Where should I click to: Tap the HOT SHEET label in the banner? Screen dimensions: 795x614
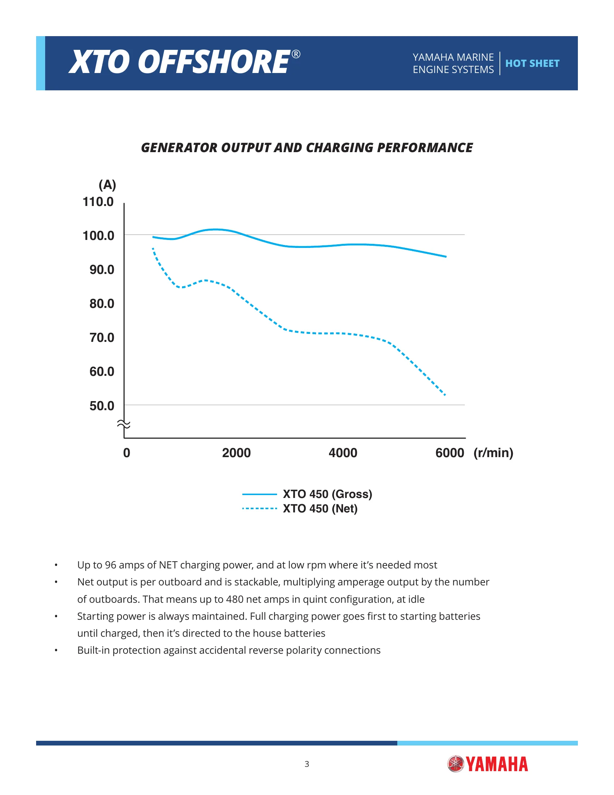532,63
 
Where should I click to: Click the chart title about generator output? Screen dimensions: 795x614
307,148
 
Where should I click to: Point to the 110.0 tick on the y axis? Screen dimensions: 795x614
98,202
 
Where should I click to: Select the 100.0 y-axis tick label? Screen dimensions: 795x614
98,236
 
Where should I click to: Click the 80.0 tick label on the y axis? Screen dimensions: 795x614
102,304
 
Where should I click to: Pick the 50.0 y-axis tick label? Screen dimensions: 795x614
102,406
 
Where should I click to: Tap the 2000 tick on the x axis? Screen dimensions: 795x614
237,453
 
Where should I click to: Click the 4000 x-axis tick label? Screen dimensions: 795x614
343,453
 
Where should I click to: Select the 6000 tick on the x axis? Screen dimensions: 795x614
450,453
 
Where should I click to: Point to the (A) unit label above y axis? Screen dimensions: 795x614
107,185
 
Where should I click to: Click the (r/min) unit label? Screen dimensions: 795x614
493,453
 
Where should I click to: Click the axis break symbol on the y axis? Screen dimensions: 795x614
124,424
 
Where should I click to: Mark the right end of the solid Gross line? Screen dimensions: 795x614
446,257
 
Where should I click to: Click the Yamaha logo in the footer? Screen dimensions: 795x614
488,764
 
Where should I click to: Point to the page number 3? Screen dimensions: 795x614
307,764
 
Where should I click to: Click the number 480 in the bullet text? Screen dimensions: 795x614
235,599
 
